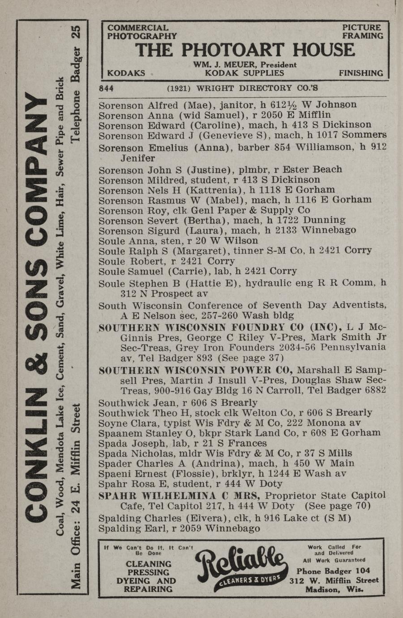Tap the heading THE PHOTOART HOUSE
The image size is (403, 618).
[245, 50]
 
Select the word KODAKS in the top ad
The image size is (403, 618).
[126, 73]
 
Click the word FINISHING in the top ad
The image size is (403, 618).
[361, 73]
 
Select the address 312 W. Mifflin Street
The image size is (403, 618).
[334, 580]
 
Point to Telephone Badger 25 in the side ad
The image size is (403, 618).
[77, 85]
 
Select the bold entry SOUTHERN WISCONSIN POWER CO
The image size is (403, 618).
[196, 370]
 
